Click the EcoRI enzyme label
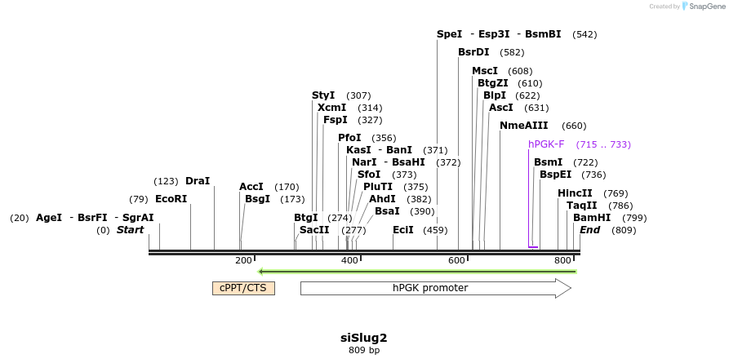(x=171, y=199)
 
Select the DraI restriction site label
(x=198, y=181)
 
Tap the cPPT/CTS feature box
(x=243, y=288)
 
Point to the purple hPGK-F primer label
(x=546, y=144)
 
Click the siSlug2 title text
(x=364, y=338)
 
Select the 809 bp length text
(x=364, y=351)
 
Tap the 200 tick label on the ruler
(x=243, y=260)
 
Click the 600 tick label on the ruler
(x=456, y=260)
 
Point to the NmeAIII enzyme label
(x=524, y=126)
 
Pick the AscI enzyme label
(x=501, y=108)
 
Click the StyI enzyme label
(x=323, y=95)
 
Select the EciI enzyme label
(x=403, y=230)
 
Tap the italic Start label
(x=130, y=230)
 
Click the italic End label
(x=589, y=230)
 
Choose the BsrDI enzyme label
(x=473, y=52)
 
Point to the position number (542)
(x=585, y=34)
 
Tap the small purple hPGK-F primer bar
(x=533, y=246)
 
